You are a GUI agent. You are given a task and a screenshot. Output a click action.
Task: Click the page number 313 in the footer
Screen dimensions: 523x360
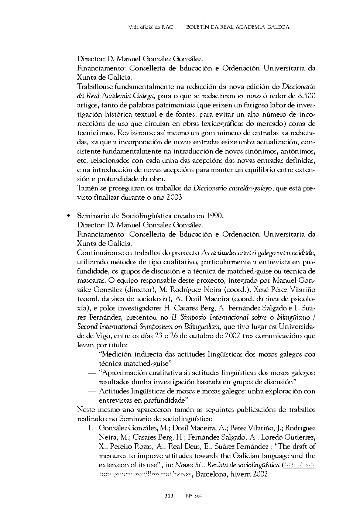click(169, 496)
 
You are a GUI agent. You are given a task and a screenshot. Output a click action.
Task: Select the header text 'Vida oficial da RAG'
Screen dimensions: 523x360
click(151, 27)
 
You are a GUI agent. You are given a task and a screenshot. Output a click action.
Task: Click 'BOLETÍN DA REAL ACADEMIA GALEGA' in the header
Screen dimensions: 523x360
click(238, 27)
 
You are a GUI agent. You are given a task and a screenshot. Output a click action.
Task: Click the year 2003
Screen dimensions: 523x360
click(175, 197)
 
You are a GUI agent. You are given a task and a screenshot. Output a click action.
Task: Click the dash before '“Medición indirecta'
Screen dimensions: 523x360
click(92, 354)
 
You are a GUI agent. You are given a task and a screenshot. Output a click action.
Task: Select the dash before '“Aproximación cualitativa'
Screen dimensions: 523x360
click(92, 373)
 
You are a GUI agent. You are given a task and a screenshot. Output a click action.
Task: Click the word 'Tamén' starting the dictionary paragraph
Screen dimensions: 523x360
click(87, 188)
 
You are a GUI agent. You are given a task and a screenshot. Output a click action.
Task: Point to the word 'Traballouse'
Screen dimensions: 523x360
click(94, 87)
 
